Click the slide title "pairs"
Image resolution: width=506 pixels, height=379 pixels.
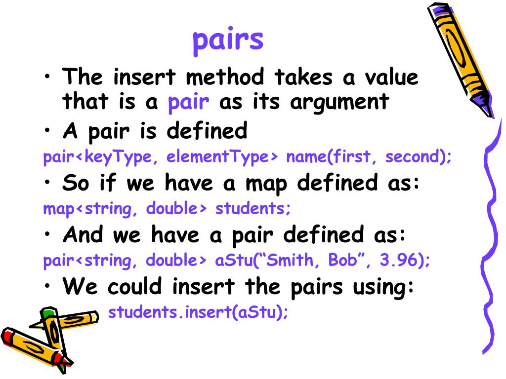228,40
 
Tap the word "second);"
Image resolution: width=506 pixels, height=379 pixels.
419,157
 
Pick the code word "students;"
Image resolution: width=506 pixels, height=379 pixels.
253,209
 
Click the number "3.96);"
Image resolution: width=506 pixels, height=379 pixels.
405,261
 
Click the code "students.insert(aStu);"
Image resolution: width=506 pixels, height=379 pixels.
198,312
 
